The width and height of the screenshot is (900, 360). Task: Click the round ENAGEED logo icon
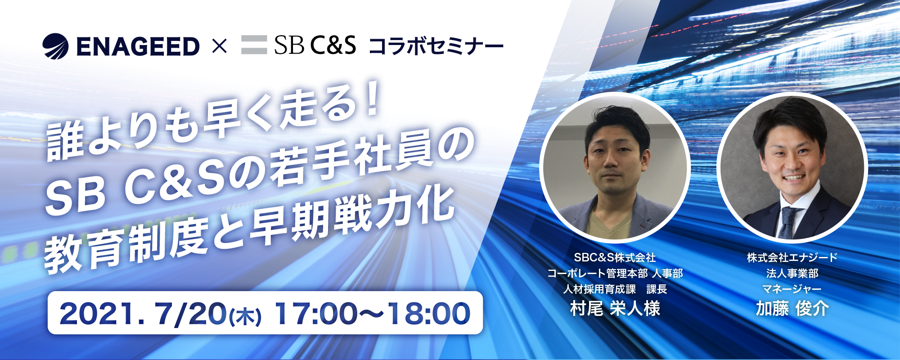point(55,46)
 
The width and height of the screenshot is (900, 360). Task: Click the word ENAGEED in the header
point(138,47)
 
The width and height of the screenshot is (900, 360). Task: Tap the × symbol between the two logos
point(219,46)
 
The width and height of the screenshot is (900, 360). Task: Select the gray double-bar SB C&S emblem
point(254,45)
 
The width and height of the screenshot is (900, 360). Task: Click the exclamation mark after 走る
point(372,102)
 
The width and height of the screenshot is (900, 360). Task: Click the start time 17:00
point(315,314)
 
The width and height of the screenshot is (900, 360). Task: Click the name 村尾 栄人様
point(615,309)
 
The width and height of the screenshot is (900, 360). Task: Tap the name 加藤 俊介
point(792,309)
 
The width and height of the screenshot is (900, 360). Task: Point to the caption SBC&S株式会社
point(615,258)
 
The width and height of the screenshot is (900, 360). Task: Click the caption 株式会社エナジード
point(792,258)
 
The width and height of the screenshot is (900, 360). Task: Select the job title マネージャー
point(792,289)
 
